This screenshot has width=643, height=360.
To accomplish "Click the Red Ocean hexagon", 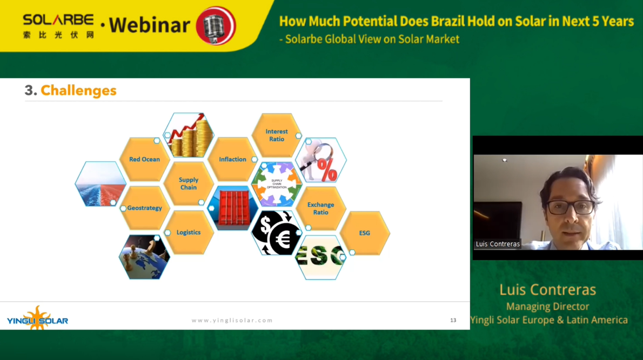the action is [144, 159].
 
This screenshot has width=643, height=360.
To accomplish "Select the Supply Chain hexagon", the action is [189, 183].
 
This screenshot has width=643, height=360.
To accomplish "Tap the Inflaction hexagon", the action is [232, 159].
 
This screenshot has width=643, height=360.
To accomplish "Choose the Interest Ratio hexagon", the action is [277, 135].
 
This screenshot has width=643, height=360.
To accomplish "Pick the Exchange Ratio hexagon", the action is [320, 208].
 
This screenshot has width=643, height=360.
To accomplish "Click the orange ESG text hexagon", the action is [365, 233].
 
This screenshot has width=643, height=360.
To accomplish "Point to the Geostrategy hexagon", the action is [144, 208].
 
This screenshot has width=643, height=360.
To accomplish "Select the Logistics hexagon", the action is [189, 232].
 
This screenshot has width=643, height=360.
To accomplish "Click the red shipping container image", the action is [233, 208].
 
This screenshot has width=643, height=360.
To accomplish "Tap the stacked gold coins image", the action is [189, 135].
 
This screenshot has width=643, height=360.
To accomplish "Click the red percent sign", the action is [327, 170].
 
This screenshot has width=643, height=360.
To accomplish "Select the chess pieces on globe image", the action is [144, 257].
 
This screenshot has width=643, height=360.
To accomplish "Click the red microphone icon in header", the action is [216, 25].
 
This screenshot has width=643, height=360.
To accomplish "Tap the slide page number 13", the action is [453, 320].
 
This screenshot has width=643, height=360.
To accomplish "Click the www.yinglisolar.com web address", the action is [232, 320].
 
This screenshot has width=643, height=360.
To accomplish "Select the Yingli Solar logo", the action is [37, 318].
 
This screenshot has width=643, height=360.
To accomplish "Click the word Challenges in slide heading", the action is [79, 91].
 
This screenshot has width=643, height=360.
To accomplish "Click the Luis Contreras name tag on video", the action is [498, 244].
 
